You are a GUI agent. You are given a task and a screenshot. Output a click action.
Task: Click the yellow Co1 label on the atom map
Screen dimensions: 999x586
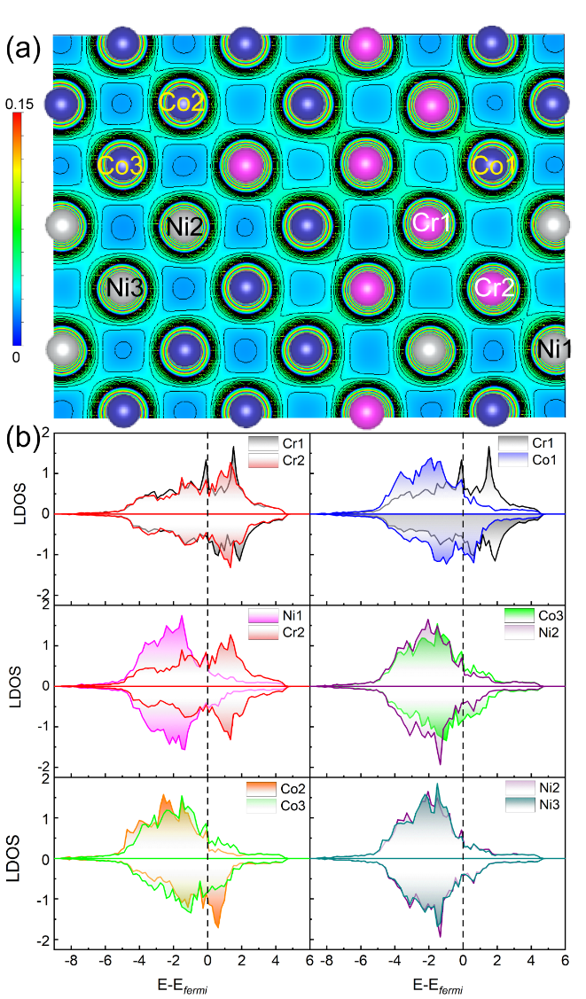pos(491,166)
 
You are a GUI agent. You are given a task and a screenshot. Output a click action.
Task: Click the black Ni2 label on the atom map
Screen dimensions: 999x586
pos(184,226)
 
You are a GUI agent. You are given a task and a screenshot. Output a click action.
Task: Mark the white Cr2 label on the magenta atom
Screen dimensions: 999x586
pos(492,287)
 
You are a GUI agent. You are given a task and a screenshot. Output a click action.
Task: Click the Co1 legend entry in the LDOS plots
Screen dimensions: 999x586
pos(543,462)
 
